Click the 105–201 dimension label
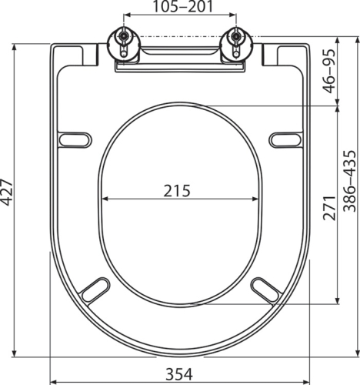pyautogui.click(x=181, y=8)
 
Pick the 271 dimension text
pyautogui.click(x=328, y=206)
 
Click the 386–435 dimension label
pyautogui.click(x=350, y=180)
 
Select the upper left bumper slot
pyautogui.click(x=75, y=139)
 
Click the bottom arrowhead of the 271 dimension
pyautogui.click(x=338, y=303)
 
